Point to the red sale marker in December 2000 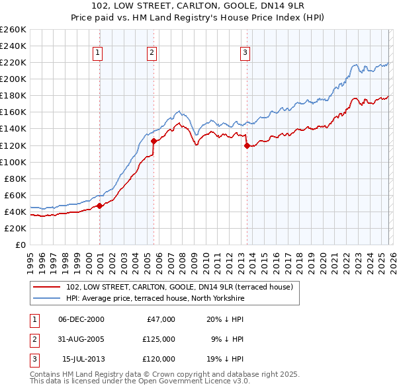[100, 206]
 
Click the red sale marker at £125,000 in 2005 [154, 141]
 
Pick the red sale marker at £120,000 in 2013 [247, 145]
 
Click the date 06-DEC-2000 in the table [81, 319]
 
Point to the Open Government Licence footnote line [140, 381]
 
